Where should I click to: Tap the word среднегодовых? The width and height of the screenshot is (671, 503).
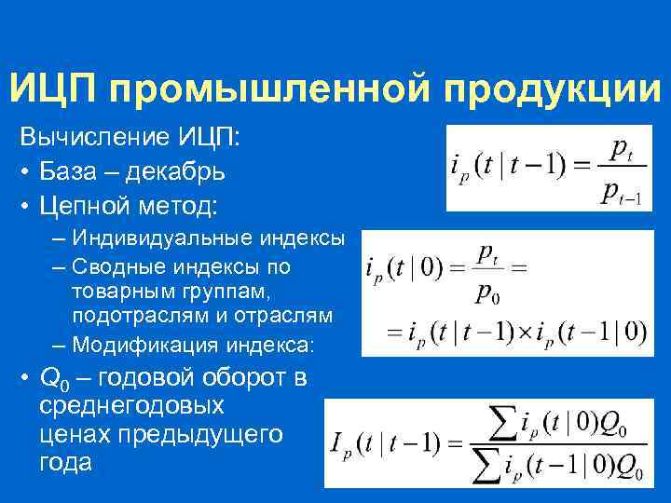pyautogui.click(x=131, y=406)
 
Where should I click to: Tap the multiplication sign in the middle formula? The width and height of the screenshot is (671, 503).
pyautogui.click(x=524, y=331)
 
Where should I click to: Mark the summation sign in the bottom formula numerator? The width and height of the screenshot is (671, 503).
pyautogui.click(x=500, y=423)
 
